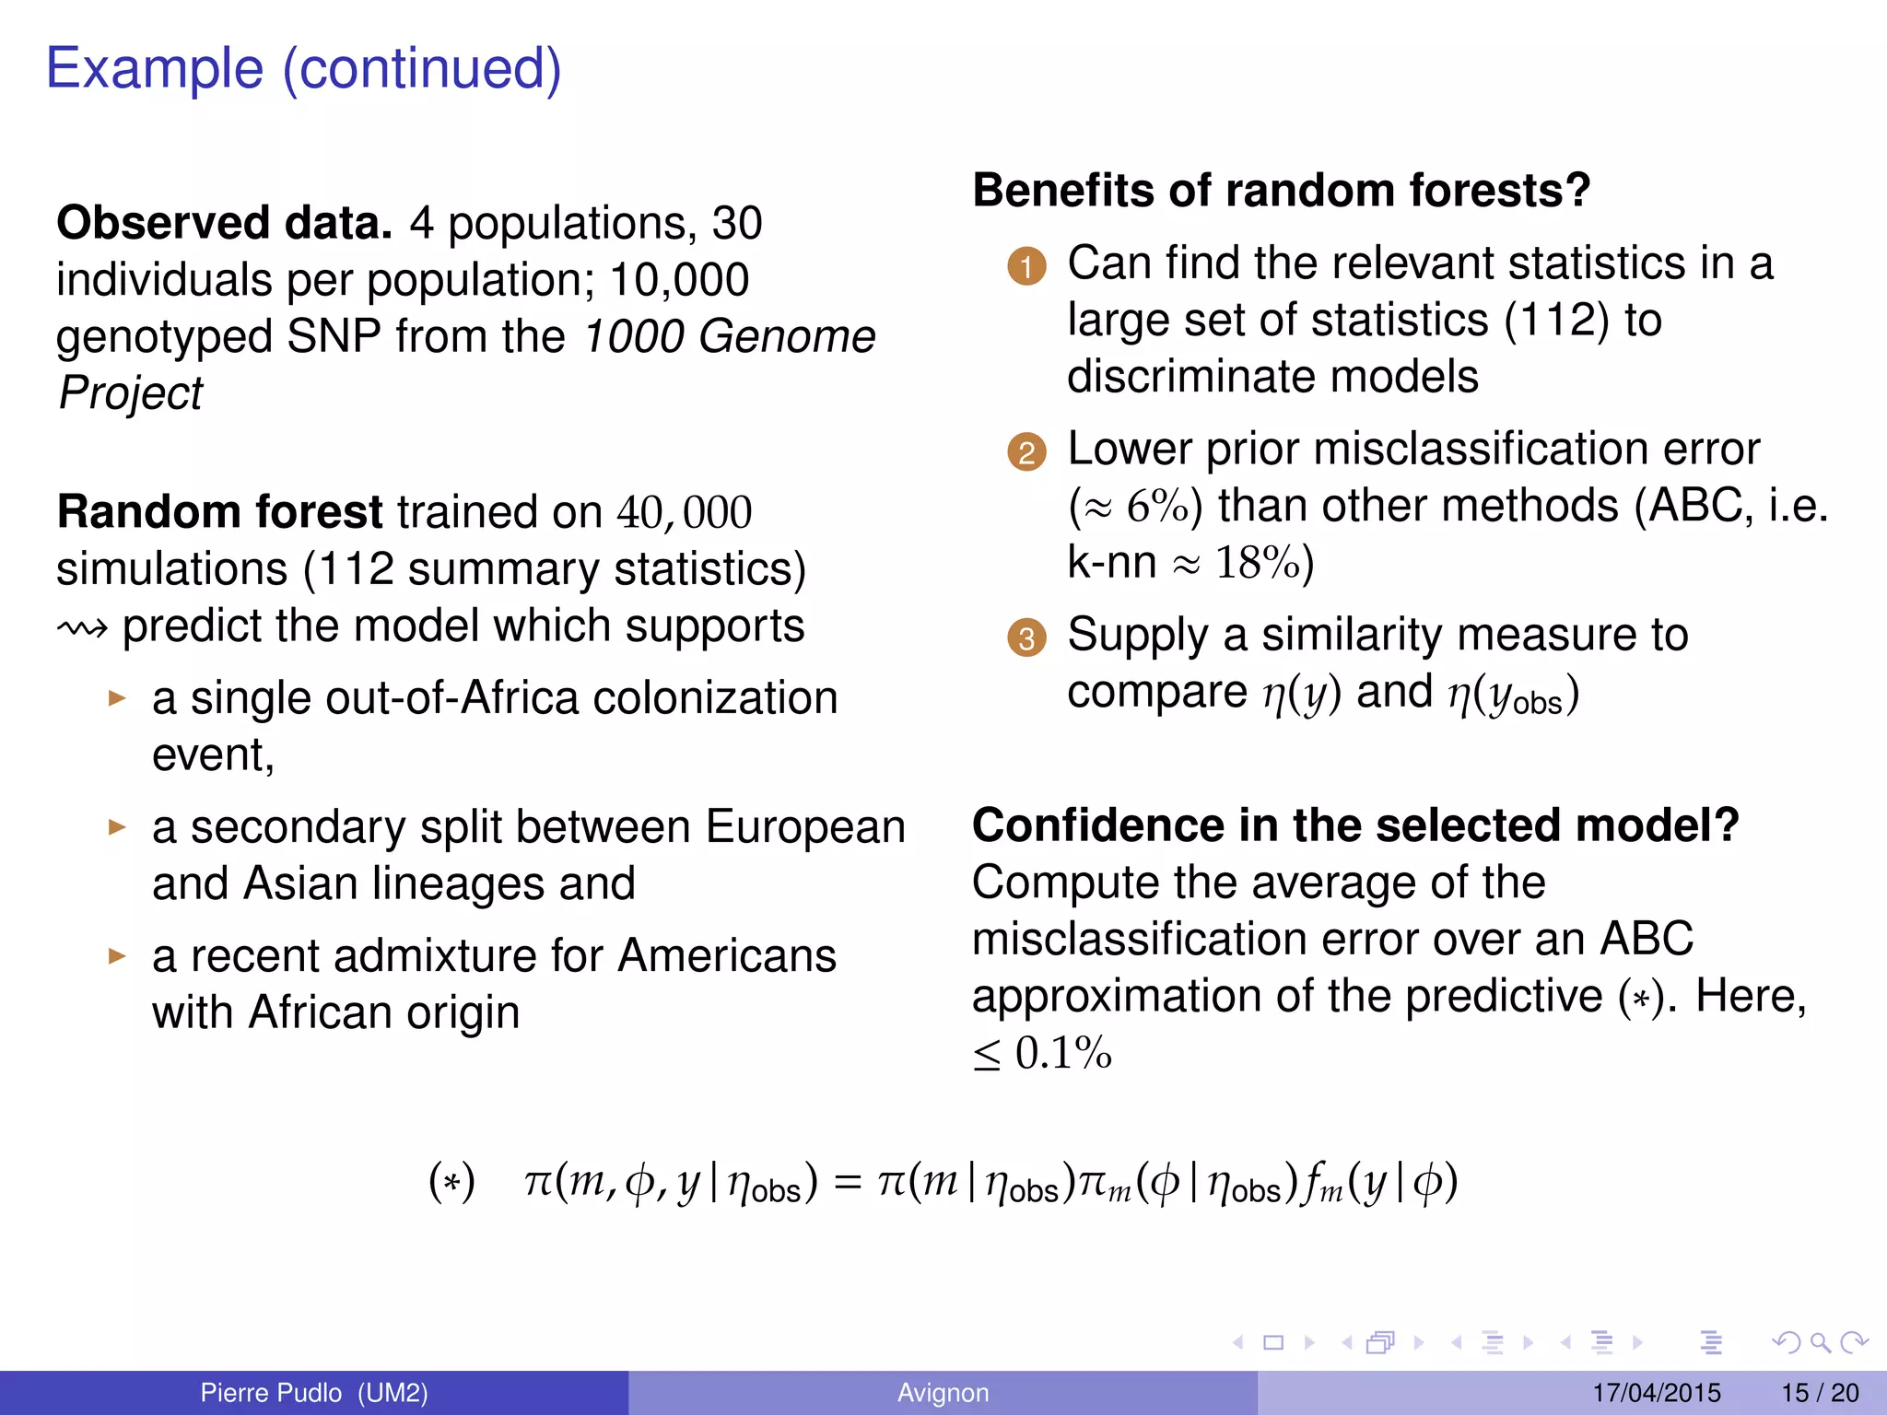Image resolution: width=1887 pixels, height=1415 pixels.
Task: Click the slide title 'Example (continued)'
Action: click(303, 69)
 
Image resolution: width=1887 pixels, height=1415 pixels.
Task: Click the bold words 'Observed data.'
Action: click(224, 224)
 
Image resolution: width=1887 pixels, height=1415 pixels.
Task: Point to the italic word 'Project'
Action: click(130, 394)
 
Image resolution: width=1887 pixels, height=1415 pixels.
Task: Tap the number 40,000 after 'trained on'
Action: click(684, 513)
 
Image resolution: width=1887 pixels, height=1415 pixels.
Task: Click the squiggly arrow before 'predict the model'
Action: click(82, 629)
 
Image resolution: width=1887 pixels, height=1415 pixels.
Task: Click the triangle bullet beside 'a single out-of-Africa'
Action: click(116, 698)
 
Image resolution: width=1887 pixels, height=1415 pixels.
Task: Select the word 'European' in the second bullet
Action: click(805, 827)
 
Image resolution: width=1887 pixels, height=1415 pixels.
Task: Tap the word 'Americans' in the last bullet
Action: click(726, 956)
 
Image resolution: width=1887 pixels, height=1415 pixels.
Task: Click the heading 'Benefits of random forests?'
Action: click(1282, 191)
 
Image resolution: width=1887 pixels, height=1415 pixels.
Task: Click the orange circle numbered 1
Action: click(1026, 267)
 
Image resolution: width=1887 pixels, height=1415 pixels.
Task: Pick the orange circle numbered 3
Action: click(1026, 638)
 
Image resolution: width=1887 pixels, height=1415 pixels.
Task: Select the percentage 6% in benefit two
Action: click(1157, 507)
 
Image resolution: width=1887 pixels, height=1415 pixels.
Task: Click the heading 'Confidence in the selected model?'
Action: click(1355, 825)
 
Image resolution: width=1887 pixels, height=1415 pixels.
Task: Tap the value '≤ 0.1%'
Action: click(1042, 1054)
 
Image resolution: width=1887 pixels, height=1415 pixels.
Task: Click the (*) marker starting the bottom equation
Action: click(451, 1182)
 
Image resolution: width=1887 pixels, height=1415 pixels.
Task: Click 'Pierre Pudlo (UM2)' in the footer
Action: click(314, 1393)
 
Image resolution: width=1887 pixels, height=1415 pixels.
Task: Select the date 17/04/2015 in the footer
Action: click(1656, 1393)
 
